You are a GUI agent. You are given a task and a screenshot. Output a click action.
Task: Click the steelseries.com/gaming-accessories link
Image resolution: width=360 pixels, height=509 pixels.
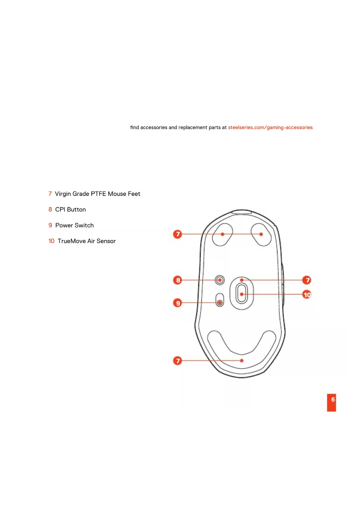[x=270, y=127]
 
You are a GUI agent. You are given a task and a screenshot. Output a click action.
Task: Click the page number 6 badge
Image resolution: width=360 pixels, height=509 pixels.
[x=331, y=402]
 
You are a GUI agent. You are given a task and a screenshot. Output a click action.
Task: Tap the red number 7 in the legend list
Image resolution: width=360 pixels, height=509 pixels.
[x=50, y=194]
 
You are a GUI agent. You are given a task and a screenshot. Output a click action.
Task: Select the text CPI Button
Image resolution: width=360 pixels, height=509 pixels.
[x=70, y=210]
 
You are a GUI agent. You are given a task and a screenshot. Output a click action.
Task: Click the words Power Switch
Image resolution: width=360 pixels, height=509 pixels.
[x=75, y=225]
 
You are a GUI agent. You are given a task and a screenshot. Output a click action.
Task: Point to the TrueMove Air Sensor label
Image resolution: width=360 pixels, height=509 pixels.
[x=86, y=241]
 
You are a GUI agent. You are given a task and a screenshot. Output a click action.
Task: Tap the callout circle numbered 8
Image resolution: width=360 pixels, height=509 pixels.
[x=178, y=280]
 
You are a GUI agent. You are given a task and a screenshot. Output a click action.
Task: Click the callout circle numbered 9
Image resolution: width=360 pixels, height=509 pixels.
[x=178, y=303]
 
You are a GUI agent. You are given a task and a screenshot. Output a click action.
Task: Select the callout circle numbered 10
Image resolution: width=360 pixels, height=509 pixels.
[x=307, y=295]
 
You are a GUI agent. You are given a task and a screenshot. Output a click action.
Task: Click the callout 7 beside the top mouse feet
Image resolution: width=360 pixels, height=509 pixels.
[x=178, y=234]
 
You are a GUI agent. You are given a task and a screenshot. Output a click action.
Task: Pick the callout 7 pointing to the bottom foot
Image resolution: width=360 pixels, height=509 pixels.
[x=178, y=361]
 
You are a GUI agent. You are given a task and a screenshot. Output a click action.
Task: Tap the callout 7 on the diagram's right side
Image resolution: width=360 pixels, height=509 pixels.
[x=307, y=280]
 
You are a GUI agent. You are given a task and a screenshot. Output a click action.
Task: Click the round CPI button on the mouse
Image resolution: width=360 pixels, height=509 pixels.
[x=220, y=280]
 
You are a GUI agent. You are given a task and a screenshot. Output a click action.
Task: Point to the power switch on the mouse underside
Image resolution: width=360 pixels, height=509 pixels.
[x=220, y=300]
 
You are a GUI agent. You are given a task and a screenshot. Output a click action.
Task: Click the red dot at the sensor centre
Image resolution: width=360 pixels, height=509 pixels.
[x=242, y=294]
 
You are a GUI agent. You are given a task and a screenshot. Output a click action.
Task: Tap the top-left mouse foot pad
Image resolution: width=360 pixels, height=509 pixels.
[x=222, y=234]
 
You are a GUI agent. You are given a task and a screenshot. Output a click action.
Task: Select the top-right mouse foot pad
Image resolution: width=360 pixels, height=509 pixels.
[x=261, y=234]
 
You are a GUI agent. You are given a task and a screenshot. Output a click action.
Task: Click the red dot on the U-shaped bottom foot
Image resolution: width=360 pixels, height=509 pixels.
[x=242, y=360]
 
